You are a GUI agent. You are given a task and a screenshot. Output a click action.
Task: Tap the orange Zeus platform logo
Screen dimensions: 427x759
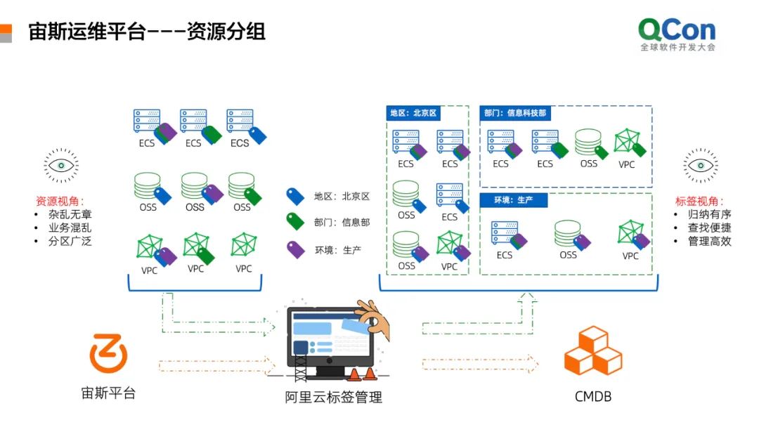click(x=108, y=353)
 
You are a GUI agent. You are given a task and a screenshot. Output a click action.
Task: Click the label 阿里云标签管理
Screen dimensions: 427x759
click(x=334, y=398)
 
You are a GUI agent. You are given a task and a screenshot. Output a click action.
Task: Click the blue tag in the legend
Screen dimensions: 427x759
click(x=295, y=197)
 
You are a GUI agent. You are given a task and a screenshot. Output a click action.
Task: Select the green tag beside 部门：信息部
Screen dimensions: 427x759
click(x=295, y=223)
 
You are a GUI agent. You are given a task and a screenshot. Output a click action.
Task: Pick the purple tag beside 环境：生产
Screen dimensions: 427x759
click(x=295, y=249)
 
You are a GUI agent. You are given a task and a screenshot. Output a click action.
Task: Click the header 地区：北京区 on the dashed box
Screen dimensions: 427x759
click(x=413, y=113)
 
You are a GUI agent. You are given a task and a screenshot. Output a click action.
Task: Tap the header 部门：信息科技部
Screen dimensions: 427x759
click(x=514, y=113)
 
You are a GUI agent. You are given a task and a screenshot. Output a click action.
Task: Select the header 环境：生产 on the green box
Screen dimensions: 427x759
click(x=513, y=200)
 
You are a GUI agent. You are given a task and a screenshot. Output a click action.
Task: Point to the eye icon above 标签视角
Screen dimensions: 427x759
click(x=701, y=166)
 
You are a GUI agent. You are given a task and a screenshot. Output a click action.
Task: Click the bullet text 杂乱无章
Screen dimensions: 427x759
click(x=70, y=214)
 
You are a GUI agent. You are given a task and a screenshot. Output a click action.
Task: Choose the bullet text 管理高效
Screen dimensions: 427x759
click(x=710, y=241)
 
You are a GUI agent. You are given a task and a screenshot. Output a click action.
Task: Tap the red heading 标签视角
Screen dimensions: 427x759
click(x=699, y=201)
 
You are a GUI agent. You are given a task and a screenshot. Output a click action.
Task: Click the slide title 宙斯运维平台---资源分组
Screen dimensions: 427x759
click(x=147, y=32)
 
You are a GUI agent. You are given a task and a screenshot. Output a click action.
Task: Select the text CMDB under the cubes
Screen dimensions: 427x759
click(x=592, y=397)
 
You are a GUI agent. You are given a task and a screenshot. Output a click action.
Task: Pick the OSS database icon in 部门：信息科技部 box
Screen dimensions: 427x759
click(x=588, y=143)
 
